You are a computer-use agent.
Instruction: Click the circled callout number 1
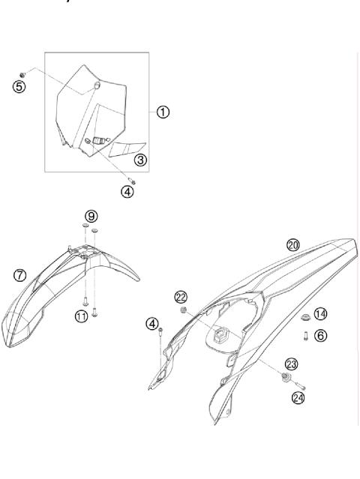coord(162,112)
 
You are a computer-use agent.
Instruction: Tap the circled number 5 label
coord(19,86)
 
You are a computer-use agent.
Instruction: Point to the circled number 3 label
coord(140,160)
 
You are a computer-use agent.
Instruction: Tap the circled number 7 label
coord(19,275)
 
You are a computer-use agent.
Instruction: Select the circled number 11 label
coord(80,317)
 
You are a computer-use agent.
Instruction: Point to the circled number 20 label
coord(293,245)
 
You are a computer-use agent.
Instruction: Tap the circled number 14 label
coord(320,313)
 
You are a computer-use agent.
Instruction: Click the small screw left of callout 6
coord(306,336)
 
